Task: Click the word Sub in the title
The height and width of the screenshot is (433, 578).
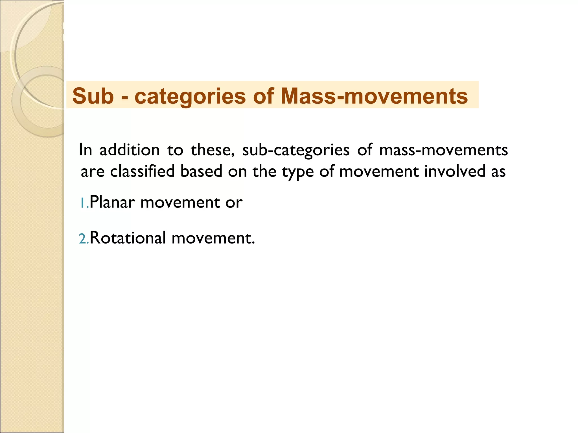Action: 93,96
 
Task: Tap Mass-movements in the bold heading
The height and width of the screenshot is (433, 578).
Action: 374,96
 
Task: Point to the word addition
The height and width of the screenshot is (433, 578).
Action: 130,150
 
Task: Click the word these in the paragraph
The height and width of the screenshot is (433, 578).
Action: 212,150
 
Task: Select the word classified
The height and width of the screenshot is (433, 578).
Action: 142,171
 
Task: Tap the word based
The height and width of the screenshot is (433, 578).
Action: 201,171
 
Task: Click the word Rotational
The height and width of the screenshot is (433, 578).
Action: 128,238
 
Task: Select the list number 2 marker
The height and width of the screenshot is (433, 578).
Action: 83,238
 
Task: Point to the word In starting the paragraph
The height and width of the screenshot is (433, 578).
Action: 86,150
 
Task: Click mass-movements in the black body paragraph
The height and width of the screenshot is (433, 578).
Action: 443,150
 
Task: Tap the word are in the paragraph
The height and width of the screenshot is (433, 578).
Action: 92,172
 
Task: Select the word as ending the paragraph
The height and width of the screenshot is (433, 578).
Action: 498,172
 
